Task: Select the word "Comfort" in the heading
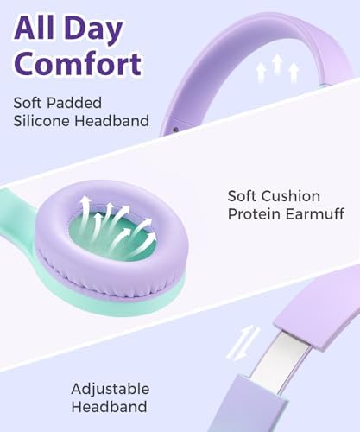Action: (x=77, y=65)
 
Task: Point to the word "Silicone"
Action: (x=41, y=121)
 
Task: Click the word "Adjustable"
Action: (x=110, y=389)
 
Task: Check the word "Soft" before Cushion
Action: (x=243, y=196)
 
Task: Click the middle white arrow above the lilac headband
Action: (x=277, y=65)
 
